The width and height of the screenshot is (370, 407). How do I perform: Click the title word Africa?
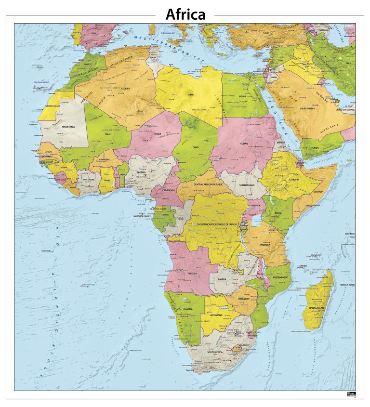[x=185, y=14]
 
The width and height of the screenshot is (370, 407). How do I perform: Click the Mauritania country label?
[x=68, y=127]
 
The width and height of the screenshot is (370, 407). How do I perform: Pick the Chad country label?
[x=196, y=147]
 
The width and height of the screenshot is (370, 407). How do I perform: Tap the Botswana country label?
[x=216, y=315]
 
